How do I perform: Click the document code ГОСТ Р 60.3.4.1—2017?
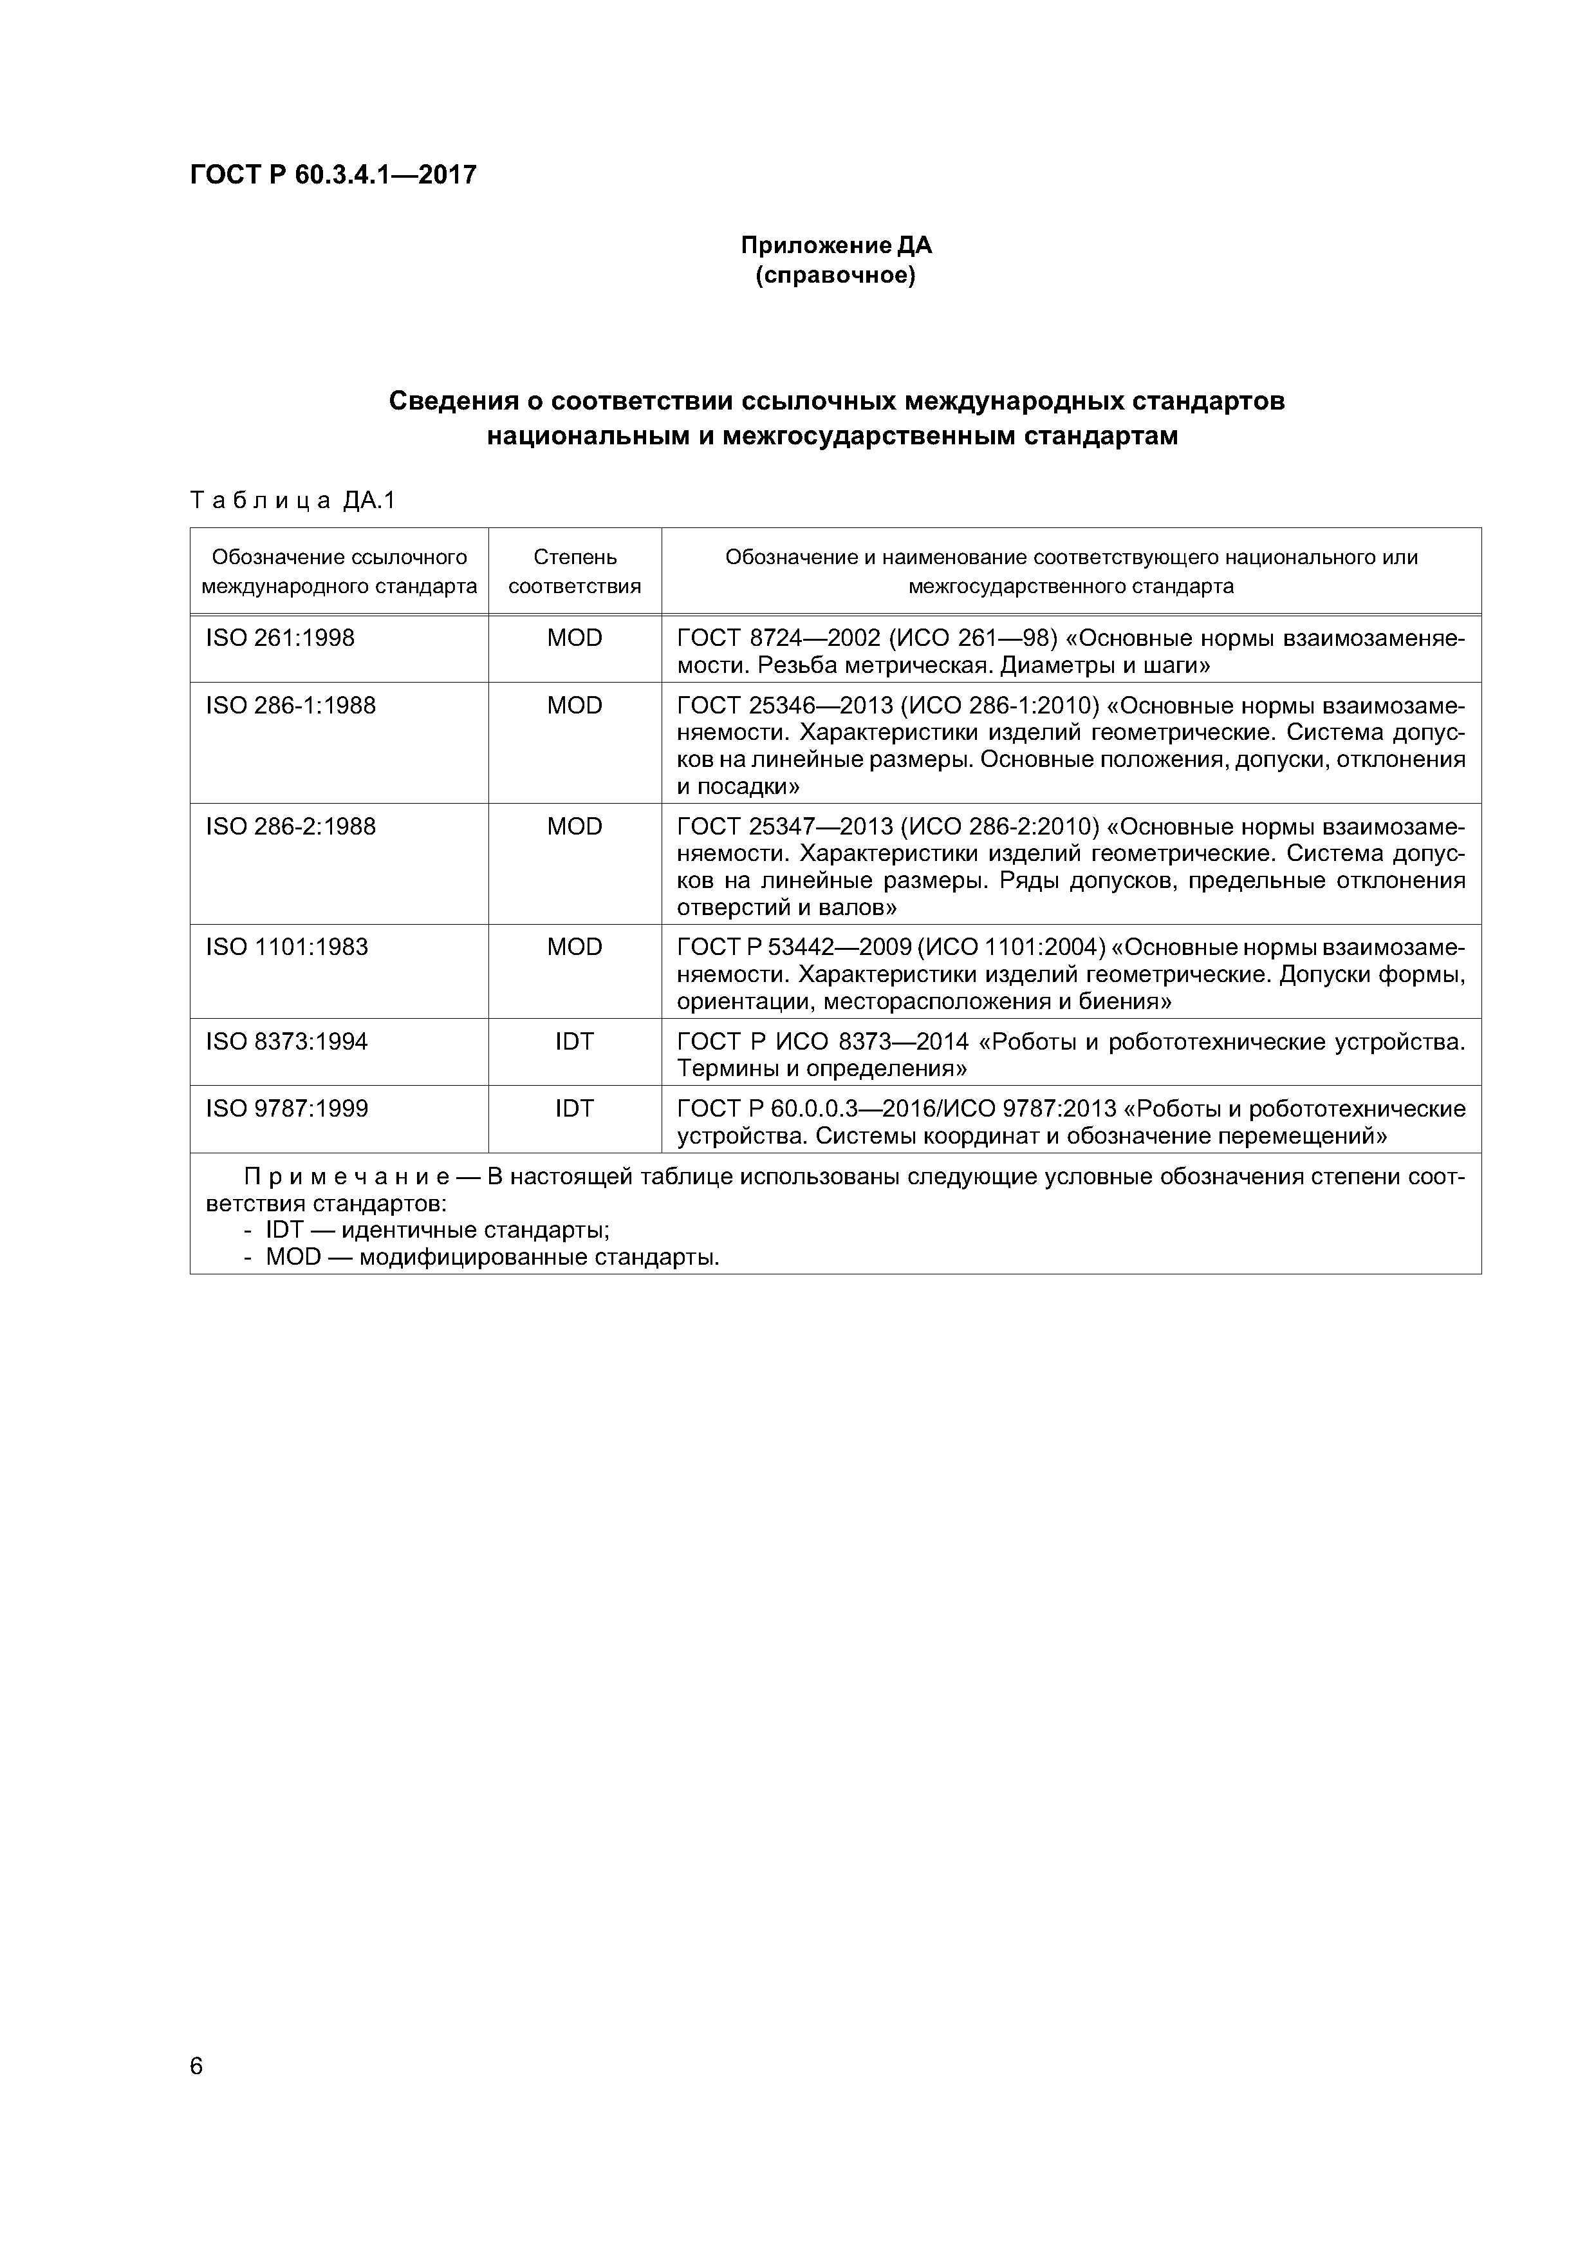coord(332,175)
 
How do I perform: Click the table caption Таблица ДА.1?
coord(292,501)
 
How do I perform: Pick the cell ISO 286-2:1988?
coord(290,826)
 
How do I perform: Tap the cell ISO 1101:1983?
coord(286,947)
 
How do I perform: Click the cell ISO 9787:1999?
coord(286,1109)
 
